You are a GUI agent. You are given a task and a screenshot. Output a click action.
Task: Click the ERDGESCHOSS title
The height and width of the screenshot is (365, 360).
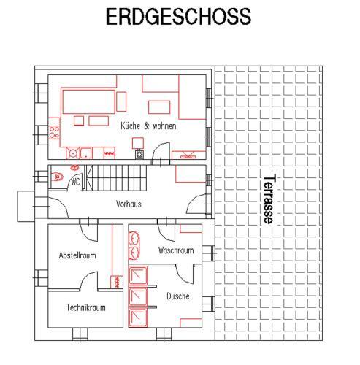[178, 16]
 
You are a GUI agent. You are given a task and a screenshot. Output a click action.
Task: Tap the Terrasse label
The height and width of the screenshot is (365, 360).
[269, 199]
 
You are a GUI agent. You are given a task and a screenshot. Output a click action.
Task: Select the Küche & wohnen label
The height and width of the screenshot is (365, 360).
[148, 126]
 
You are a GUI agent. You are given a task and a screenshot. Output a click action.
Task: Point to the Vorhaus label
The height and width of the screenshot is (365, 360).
[129, 204]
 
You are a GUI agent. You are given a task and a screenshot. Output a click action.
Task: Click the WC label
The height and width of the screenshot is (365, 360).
[76, 182]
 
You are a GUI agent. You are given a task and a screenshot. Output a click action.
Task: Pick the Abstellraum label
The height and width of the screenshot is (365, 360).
[77, 255]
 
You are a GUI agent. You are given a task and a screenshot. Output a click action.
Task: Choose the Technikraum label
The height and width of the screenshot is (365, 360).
[86, 307]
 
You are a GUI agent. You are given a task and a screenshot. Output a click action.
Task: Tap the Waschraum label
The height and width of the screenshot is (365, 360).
[176, 250]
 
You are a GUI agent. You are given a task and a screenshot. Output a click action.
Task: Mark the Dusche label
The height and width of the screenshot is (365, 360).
[178, 296]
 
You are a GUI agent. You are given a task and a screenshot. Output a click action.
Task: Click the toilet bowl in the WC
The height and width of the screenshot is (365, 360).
[57, 177]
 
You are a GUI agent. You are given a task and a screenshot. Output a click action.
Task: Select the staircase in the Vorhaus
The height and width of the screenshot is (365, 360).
[115, 178]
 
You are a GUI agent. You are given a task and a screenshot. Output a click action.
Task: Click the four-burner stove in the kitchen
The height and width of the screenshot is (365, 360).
[54, 132]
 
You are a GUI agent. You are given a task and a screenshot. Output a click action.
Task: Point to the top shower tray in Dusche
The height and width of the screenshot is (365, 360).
[138, 275]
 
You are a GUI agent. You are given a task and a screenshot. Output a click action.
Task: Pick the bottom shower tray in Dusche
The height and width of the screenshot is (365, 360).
[138, 318]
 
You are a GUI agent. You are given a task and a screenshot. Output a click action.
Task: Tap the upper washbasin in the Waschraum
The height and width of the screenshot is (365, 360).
[134, 238]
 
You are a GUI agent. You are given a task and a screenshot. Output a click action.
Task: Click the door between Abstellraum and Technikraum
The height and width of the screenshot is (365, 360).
[89, 280]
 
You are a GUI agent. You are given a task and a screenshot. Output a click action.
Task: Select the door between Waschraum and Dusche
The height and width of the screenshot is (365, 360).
[184, 274]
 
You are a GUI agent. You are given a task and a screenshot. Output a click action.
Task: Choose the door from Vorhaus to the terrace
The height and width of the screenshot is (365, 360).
[196, 204]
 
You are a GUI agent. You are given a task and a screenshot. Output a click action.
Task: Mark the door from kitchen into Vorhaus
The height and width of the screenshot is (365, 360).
[161, 153]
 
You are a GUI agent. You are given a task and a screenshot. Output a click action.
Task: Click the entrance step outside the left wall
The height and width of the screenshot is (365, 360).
[26, 207]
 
